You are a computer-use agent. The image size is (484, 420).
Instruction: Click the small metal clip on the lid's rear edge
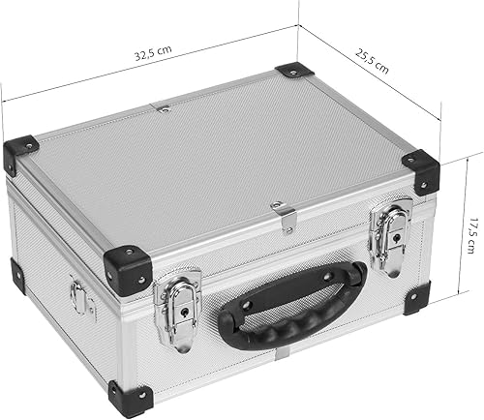[x=164, y=108]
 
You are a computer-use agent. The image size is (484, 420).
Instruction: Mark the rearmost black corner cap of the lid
[x=293, y=71]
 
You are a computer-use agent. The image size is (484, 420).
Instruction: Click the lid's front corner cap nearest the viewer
[x=128, y=270]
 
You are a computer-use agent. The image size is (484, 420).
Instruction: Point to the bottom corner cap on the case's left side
[x=17, y=274]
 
